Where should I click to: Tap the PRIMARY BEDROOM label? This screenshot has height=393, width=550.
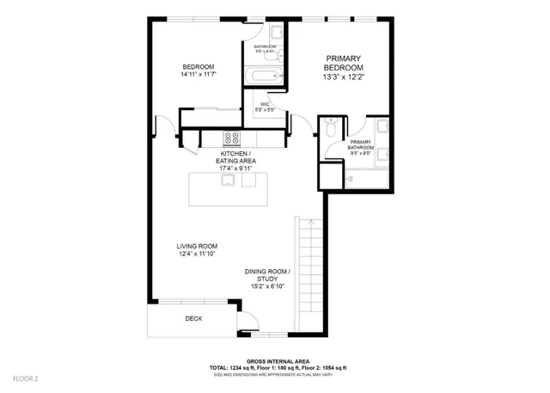pos(344,63)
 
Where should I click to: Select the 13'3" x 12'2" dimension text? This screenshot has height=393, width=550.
pos(344,77)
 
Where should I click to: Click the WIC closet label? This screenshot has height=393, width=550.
pos(266,104)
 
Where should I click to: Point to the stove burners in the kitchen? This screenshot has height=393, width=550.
pos(233,138)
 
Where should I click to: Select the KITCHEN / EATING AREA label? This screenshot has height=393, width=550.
pos(237,157)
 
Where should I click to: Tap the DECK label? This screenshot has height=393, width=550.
pos(193,318)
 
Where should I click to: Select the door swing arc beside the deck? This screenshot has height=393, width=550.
pos(247,323)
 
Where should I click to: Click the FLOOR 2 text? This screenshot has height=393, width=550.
pos(25,378)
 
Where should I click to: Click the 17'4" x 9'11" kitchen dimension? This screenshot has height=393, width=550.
pos(237,169)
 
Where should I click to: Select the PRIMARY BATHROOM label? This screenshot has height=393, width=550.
pos(361,144)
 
